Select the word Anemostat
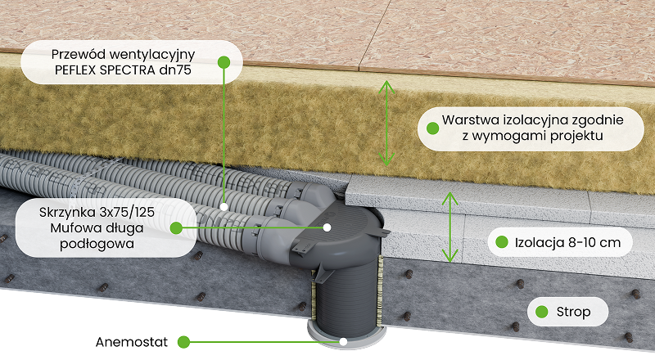point(133,340)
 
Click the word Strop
point(573,312)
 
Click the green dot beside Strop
point(541,312)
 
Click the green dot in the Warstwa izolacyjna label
point(430,128)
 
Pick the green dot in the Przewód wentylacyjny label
point(223,61)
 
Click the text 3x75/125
point(128,211)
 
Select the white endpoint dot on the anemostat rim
point(344,340)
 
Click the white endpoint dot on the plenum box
point(327,227)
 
